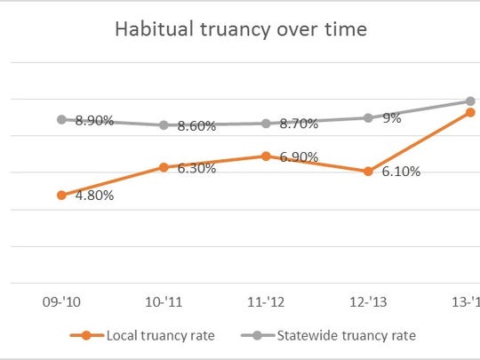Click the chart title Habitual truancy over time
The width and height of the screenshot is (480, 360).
coord(240,29)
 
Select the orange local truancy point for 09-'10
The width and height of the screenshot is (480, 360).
coord(61,195)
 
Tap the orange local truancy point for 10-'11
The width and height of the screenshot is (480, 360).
coord(164,166)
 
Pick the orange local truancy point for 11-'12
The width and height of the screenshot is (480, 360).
coord(266,156)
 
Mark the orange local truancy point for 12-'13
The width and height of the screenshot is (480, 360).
coord(368,171)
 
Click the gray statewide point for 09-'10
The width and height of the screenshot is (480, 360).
coord(61,119)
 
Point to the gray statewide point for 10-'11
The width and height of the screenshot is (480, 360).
coord(164,125)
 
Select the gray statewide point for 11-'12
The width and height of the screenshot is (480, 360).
coord(266,124)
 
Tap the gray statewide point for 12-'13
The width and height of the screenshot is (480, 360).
coord(368,117)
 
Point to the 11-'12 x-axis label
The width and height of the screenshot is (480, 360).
coord(266,302)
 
